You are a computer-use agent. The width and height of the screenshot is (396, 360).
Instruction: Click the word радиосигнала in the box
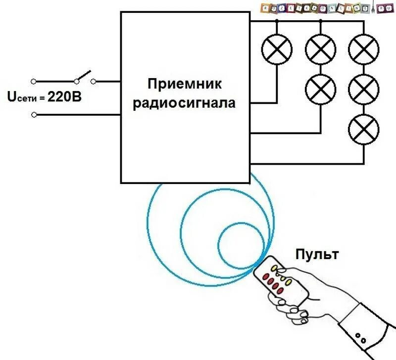point(184,103)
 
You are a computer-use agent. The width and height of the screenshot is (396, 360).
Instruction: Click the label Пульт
point(317,255)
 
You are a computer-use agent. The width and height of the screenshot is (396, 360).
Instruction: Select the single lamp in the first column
point(276,50)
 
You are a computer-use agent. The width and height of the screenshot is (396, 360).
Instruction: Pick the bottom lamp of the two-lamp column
point(320,89)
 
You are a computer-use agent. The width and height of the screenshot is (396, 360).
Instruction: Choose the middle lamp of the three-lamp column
point(364,89)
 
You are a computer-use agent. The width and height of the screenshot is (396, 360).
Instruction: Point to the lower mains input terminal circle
point(34,115)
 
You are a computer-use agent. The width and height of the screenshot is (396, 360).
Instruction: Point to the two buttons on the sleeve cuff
point(360,339)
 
